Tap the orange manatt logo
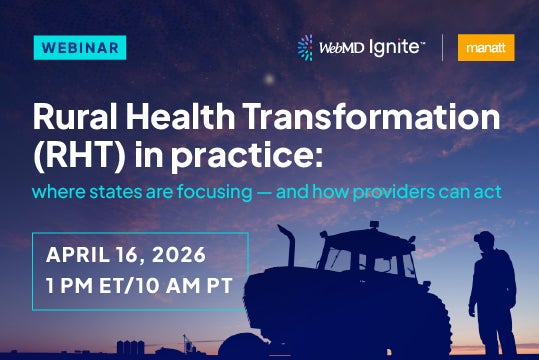486,47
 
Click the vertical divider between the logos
444,47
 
